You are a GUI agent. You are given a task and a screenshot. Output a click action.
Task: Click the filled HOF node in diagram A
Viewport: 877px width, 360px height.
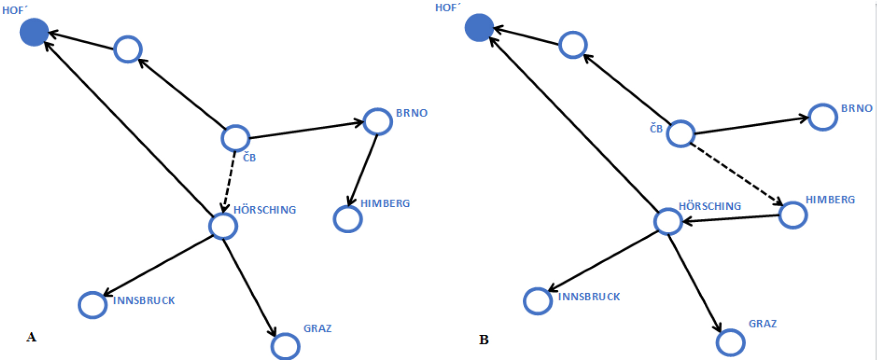(34, 32)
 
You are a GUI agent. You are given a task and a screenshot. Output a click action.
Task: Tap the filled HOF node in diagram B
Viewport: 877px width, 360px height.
(479, 28)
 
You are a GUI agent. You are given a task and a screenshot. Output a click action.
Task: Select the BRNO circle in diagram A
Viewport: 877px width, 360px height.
(378, 122)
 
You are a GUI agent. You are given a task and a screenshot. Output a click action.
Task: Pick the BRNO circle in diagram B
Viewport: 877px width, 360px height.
(823, 117)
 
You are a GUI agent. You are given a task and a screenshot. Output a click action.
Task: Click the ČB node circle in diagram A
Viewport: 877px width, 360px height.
(236, 138)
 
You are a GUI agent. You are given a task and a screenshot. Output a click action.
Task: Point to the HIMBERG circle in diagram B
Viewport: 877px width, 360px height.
(793, 215)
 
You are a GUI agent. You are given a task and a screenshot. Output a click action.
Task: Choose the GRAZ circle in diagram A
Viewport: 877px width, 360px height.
(285, 346)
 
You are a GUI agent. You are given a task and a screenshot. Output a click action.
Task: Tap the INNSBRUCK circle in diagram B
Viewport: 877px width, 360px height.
(538, 301)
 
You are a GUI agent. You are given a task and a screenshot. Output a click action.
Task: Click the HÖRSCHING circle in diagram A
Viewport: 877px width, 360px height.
(223, 226)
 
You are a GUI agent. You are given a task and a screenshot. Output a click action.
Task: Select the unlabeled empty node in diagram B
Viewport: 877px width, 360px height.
(573, 45)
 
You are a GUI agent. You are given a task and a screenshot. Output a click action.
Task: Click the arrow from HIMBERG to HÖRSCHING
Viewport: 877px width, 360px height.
(730, 219)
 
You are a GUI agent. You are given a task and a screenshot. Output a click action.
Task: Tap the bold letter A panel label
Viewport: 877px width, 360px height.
(31, 337)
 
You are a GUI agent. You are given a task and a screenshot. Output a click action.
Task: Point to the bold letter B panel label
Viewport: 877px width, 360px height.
(484, 340)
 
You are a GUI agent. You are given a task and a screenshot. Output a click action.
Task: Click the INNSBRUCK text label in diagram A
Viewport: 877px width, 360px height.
(144, 301)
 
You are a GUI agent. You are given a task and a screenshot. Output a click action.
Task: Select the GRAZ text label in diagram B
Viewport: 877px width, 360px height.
(763, 324)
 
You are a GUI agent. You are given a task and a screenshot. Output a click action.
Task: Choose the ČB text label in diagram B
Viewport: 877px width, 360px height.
(656, 129)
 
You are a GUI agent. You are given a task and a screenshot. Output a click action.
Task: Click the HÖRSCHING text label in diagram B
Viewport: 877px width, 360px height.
(710, 206)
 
